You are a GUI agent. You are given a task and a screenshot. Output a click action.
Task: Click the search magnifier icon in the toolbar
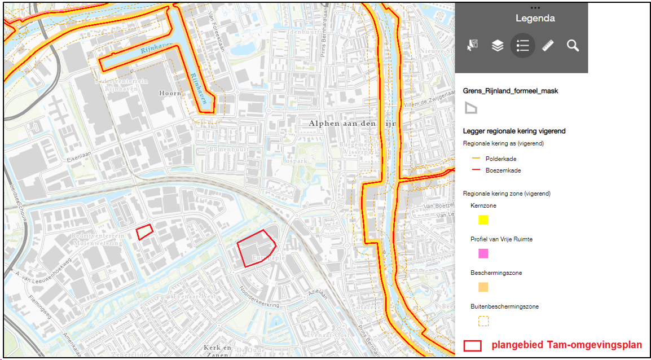pyautogui.click(x=573, y=46)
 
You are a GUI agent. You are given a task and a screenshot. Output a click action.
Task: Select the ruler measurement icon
pyautogui.click(x=548, y=46)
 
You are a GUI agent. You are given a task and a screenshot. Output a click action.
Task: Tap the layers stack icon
pyautogui.click(x=497, y=46)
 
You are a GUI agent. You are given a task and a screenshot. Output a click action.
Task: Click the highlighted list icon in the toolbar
pyautogui.click(x=523, y=46)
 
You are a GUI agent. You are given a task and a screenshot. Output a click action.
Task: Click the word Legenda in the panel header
pyautogui.click(x=535, y=19)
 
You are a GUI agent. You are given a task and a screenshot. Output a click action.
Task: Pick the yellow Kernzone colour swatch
pyautogui.click(x=483, y=220)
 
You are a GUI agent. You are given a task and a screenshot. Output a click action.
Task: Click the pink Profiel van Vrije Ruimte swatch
pyautogui.click(x=483, y=254)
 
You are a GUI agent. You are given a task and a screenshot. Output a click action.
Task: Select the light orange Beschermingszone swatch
pyautogui.click(x=483, y=287)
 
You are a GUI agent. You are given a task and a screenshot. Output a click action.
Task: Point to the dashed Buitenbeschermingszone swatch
pyautogui.click(x=483, y=321)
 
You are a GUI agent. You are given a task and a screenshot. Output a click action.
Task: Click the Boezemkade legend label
pyautogui.click(x=503, y=170)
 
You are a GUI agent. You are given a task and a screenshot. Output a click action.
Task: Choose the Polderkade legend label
pyautogui.click(x=501, y=159)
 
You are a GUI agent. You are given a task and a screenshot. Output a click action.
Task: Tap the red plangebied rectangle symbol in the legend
pyautogui.click(x=472, y=345)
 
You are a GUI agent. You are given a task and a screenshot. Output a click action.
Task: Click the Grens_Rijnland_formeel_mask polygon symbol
pyautogui.click(x=470, y=108)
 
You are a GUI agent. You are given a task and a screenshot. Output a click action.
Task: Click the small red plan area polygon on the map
pyautogui.click(x=145, y=231)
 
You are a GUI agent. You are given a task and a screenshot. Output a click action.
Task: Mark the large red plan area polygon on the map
pyautogui.click(x=256, y=248)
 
